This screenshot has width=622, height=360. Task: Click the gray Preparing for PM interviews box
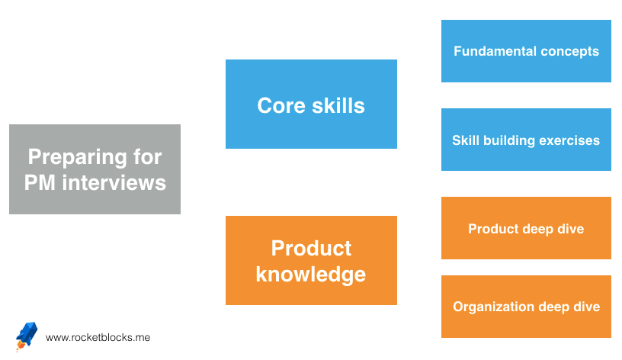click(x=95, y=169)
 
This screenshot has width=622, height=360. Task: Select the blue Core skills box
click(x=312, y=104)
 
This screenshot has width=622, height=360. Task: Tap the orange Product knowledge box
click(x=312, y=260)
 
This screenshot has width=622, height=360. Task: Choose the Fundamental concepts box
click(x=526, y=51)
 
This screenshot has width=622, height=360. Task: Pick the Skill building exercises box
click(x=526, y=140)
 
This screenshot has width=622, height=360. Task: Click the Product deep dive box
click(x=526, y=228)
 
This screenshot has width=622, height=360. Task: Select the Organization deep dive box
click(x=526, y=307)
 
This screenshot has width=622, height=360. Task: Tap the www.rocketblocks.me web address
click(x=98, y=337)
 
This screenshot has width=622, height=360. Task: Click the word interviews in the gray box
click(x=114, y=182)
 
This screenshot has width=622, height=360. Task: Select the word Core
click(x=281, y=105)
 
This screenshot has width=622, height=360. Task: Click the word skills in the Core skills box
click(x=338, y=105)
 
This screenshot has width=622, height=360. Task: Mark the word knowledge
click(x=310, y=275)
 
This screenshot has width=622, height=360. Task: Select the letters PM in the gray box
click(x=40, y=182)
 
